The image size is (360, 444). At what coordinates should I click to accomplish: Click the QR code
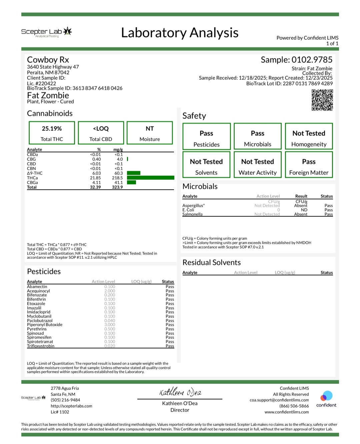click(322, 100)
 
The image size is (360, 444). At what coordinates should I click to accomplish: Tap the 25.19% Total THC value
click(52, 128)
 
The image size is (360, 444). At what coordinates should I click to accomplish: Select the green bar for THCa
click(150, 178)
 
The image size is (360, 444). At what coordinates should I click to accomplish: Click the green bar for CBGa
click(131, 182)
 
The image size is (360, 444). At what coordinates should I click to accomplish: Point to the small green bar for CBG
click(127, 159)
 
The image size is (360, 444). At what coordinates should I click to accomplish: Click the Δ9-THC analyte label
click(35, 173)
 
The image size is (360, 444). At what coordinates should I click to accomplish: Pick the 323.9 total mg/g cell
click(117, 187)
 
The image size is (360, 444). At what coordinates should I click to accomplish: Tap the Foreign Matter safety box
click(309, 165)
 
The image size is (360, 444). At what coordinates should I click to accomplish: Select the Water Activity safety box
click(257, 165)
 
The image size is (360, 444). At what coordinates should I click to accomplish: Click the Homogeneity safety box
click(309, 136)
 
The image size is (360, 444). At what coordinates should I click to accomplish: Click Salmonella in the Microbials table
click(192, 214)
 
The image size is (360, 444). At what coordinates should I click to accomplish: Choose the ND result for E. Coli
click(304, 210)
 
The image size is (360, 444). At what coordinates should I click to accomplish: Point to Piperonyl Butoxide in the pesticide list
click(45, 325)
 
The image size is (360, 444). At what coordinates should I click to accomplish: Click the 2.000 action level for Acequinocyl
click(110, 291)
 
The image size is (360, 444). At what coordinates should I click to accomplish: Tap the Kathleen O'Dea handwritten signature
click(180, 392)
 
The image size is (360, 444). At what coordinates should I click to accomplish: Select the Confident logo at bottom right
click(326, 399)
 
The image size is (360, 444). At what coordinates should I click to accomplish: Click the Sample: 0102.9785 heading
click(296, 60)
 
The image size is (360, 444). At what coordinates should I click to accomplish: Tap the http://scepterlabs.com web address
click(71, 406)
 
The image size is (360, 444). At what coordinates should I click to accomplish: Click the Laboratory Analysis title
click(180, 33)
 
